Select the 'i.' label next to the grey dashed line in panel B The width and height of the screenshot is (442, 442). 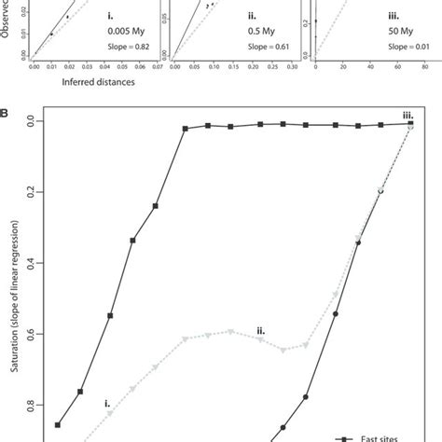point(107,404)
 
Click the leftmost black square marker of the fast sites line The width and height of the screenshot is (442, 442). point(58,425)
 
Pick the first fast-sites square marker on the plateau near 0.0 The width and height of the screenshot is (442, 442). point(185,128)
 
